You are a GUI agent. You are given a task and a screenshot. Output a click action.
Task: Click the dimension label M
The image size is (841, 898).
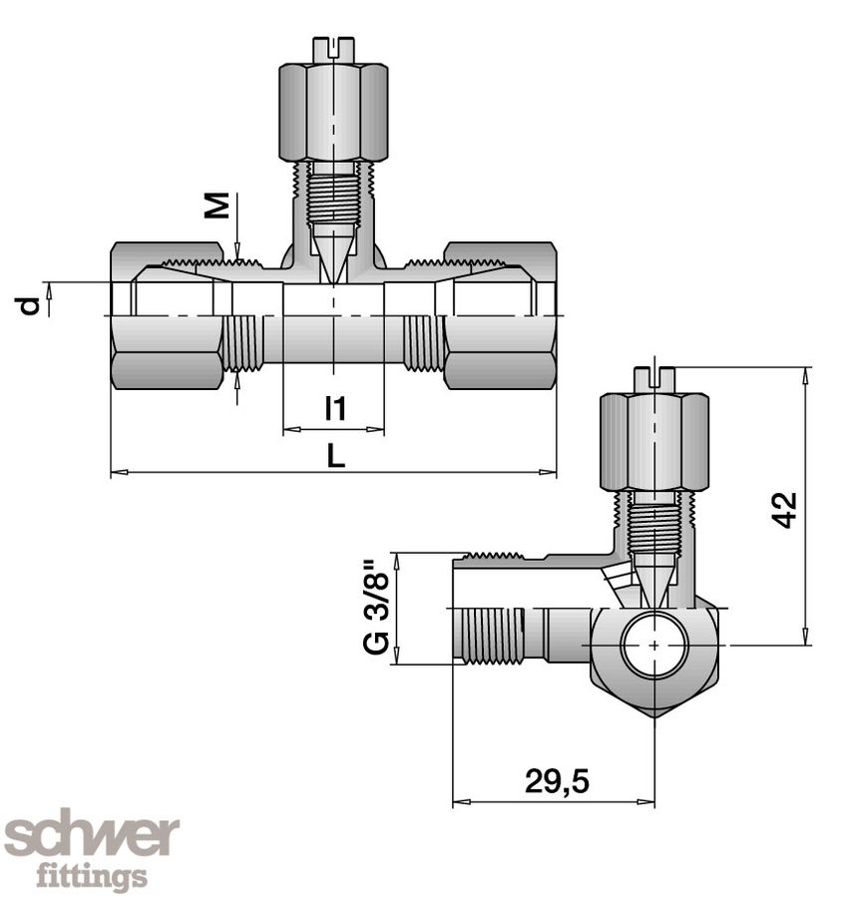[218, 206]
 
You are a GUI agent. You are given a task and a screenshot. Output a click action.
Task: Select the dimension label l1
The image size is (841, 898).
[335, 408]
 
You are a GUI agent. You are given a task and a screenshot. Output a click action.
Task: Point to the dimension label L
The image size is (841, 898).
[334, 456]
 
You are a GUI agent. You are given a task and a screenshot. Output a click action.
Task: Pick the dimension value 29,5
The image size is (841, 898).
[557, 782]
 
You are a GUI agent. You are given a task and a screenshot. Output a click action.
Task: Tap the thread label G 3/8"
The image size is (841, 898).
[376, 609]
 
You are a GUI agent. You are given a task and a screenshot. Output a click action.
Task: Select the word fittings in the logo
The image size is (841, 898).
[92, 878]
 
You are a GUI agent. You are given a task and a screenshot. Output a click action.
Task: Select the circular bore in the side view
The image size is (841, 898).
[653, 645]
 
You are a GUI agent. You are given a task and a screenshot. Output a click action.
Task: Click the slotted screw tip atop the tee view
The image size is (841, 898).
[333, 48]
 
